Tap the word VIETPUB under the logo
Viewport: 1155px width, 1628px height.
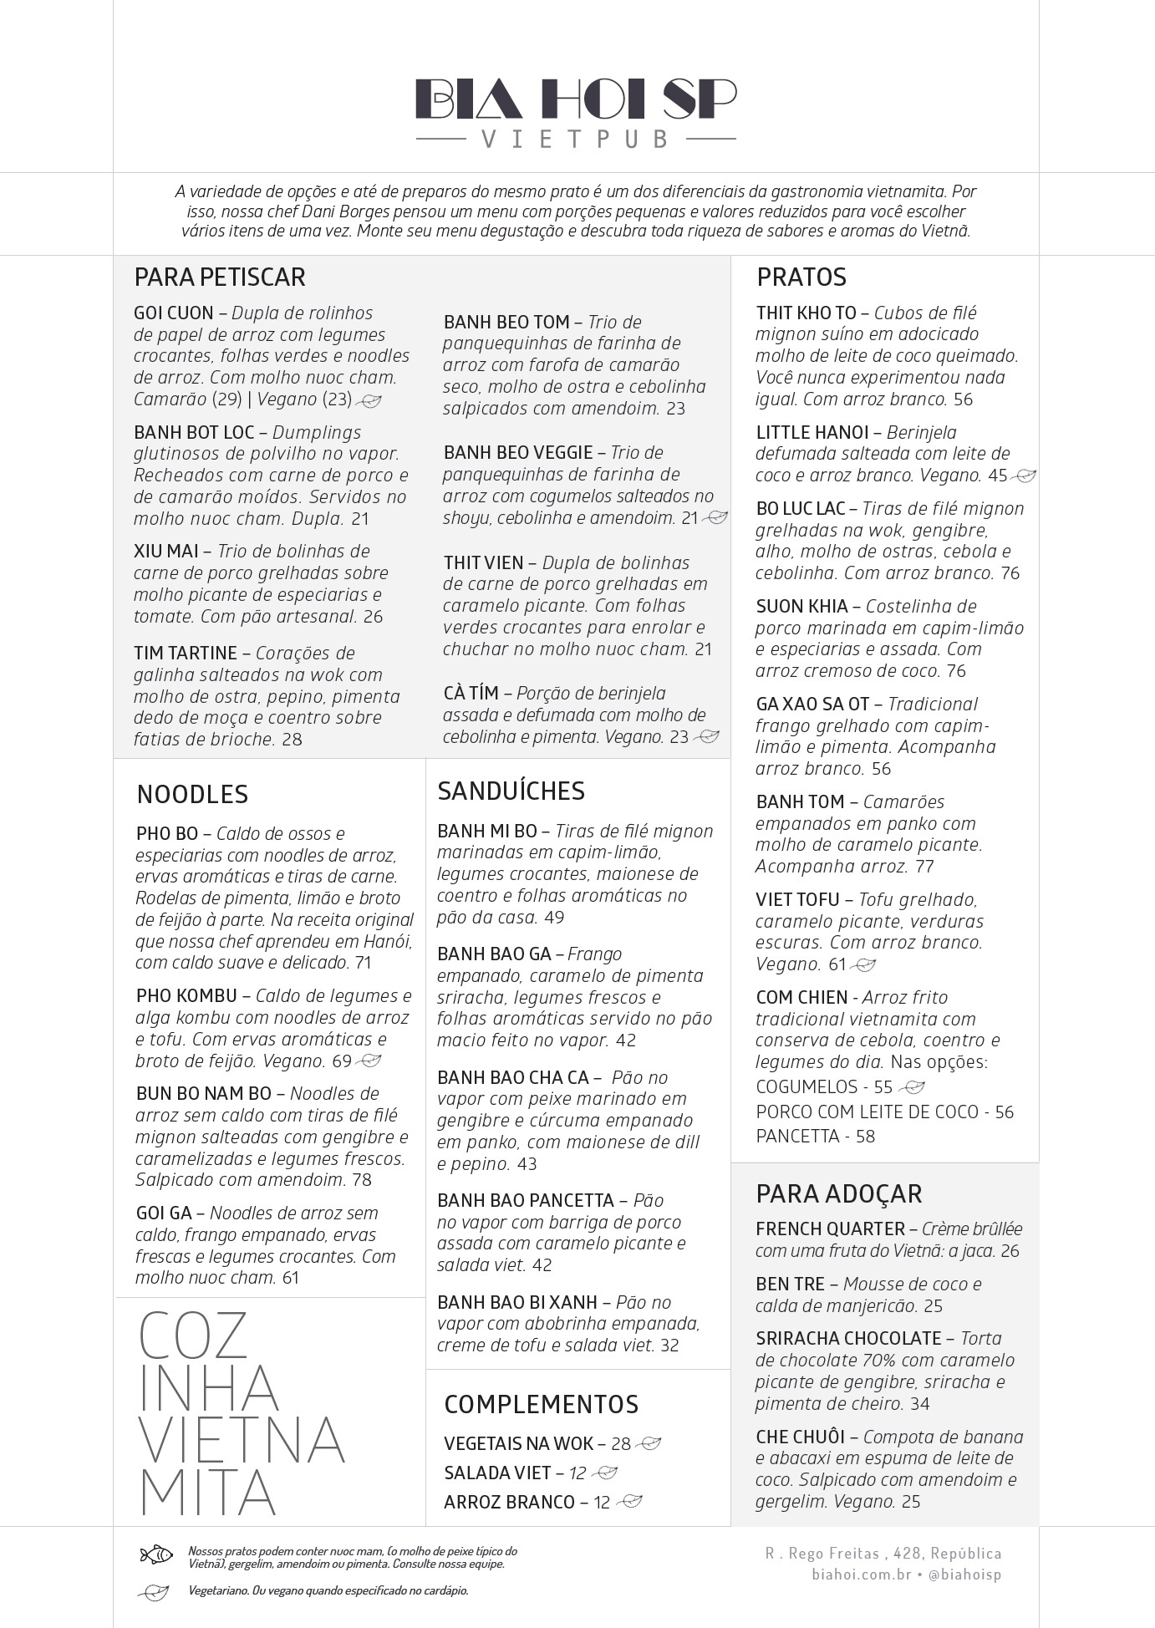pos(576,139)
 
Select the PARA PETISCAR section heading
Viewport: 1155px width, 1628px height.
pos(220,277)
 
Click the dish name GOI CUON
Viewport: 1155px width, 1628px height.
pos(174,313)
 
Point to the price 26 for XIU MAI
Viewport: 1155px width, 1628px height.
pos(373,617)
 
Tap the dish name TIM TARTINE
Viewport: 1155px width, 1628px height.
pos(186,654)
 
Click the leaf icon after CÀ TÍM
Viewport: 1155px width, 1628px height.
pos(707,737)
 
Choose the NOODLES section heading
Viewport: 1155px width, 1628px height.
pos(192,794)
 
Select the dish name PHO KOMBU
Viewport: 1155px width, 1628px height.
pos(187,996)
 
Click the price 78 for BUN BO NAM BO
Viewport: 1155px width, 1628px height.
pos(362,1180)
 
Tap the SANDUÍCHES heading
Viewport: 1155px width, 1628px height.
pos(511,791)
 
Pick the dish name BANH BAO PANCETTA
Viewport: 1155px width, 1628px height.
pos(526,1201)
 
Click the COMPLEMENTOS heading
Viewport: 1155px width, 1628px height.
pos(541,1404)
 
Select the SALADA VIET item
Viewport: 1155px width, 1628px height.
pos(497,1473)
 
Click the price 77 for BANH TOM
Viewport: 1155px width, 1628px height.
pos(924,867)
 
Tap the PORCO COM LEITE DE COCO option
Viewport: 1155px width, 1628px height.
pos(867,1112)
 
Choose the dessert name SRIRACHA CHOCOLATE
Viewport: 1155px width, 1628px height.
pos(848,1338)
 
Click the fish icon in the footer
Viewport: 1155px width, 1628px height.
pos(156,1554)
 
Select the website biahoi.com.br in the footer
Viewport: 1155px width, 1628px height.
pos(860,1575)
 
